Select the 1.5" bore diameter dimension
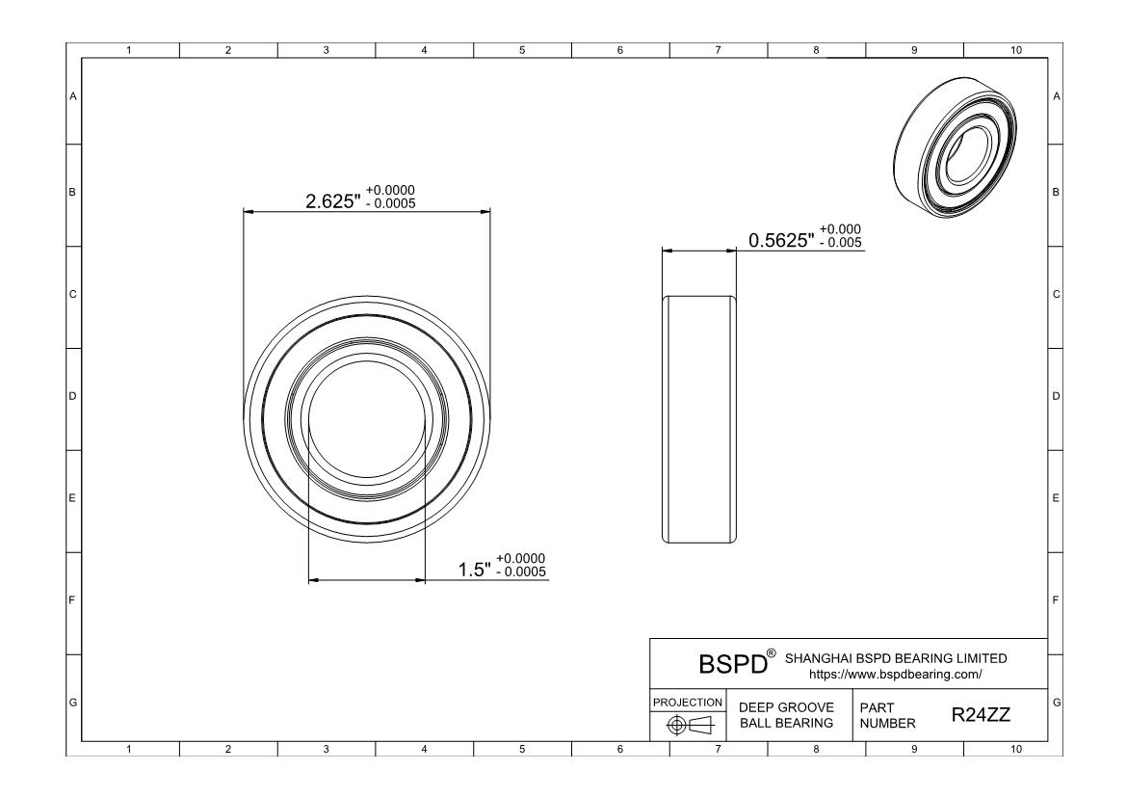(x=475, y=570)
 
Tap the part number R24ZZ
(x=982, y=714)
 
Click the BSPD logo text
(x=733, y=664)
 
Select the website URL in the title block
(x=896, y=675)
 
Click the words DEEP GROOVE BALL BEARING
(x=786, y=715)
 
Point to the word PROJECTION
(x=688, y=702)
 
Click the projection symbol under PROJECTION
(x=690, y=725)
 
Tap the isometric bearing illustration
(x=956, y=147)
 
